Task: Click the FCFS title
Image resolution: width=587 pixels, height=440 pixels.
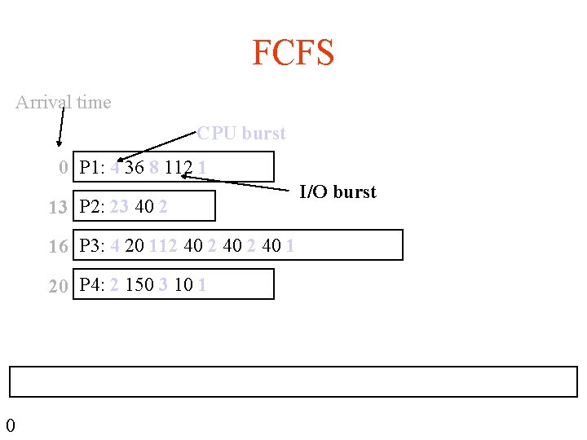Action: tap(293, 54)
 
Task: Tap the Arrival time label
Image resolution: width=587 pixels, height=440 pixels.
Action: tap(64, 103)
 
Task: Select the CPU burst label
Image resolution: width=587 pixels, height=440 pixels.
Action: tap(241, 133)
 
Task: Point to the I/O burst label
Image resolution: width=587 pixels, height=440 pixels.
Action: tap(338, 192)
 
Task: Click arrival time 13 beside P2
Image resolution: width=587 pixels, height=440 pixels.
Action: tap(57, 208)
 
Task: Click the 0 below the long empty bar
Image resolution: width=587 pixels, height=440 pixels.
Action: tap(10, 425)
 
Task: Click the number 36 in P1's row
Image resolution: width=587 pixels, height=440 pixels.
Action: tap(135, 168)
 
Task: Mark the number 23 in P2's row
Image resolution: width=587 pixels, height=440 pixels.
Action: tap(119, 207)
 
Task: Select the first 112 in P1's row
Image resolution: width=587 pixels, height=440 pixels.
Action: tap(178, 168)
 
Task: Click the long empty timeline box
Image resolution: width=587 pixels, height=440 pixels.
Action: tap(293, 381)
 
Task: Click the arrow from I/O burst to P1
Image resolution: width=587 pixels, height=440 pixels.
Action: tap(236, 181)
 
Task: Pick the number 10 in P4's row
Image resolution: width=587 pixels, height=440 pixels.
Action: tap(183, 285)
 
